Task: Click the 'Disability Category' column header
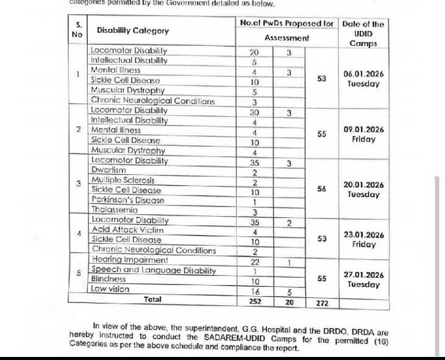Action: tap(133, 30)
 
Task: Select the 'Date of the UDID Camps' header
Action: tap(363, 34)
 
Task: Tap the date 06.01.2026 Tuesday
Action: tap(363, 79)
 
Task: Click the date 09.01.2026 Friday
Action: tap(363, 135)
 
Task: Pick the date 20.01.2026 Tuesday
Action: tap(363, 189)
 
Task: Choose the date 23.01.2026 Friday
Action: tap(363, 239)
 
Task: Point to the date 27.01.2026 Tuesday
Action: tap(363, 280)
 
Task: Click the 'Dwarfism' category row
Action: tap(109, 171)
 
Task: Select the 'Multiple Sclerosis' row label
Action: tap(123, 180)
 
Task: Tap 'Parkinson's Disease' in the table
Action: tap(127, 200)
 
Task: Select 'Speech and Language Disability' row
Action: tap(153, 269)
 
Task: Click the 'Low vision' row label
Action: tap(110, 289)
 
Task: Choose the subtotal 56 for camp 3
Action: tap(322, 189)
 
